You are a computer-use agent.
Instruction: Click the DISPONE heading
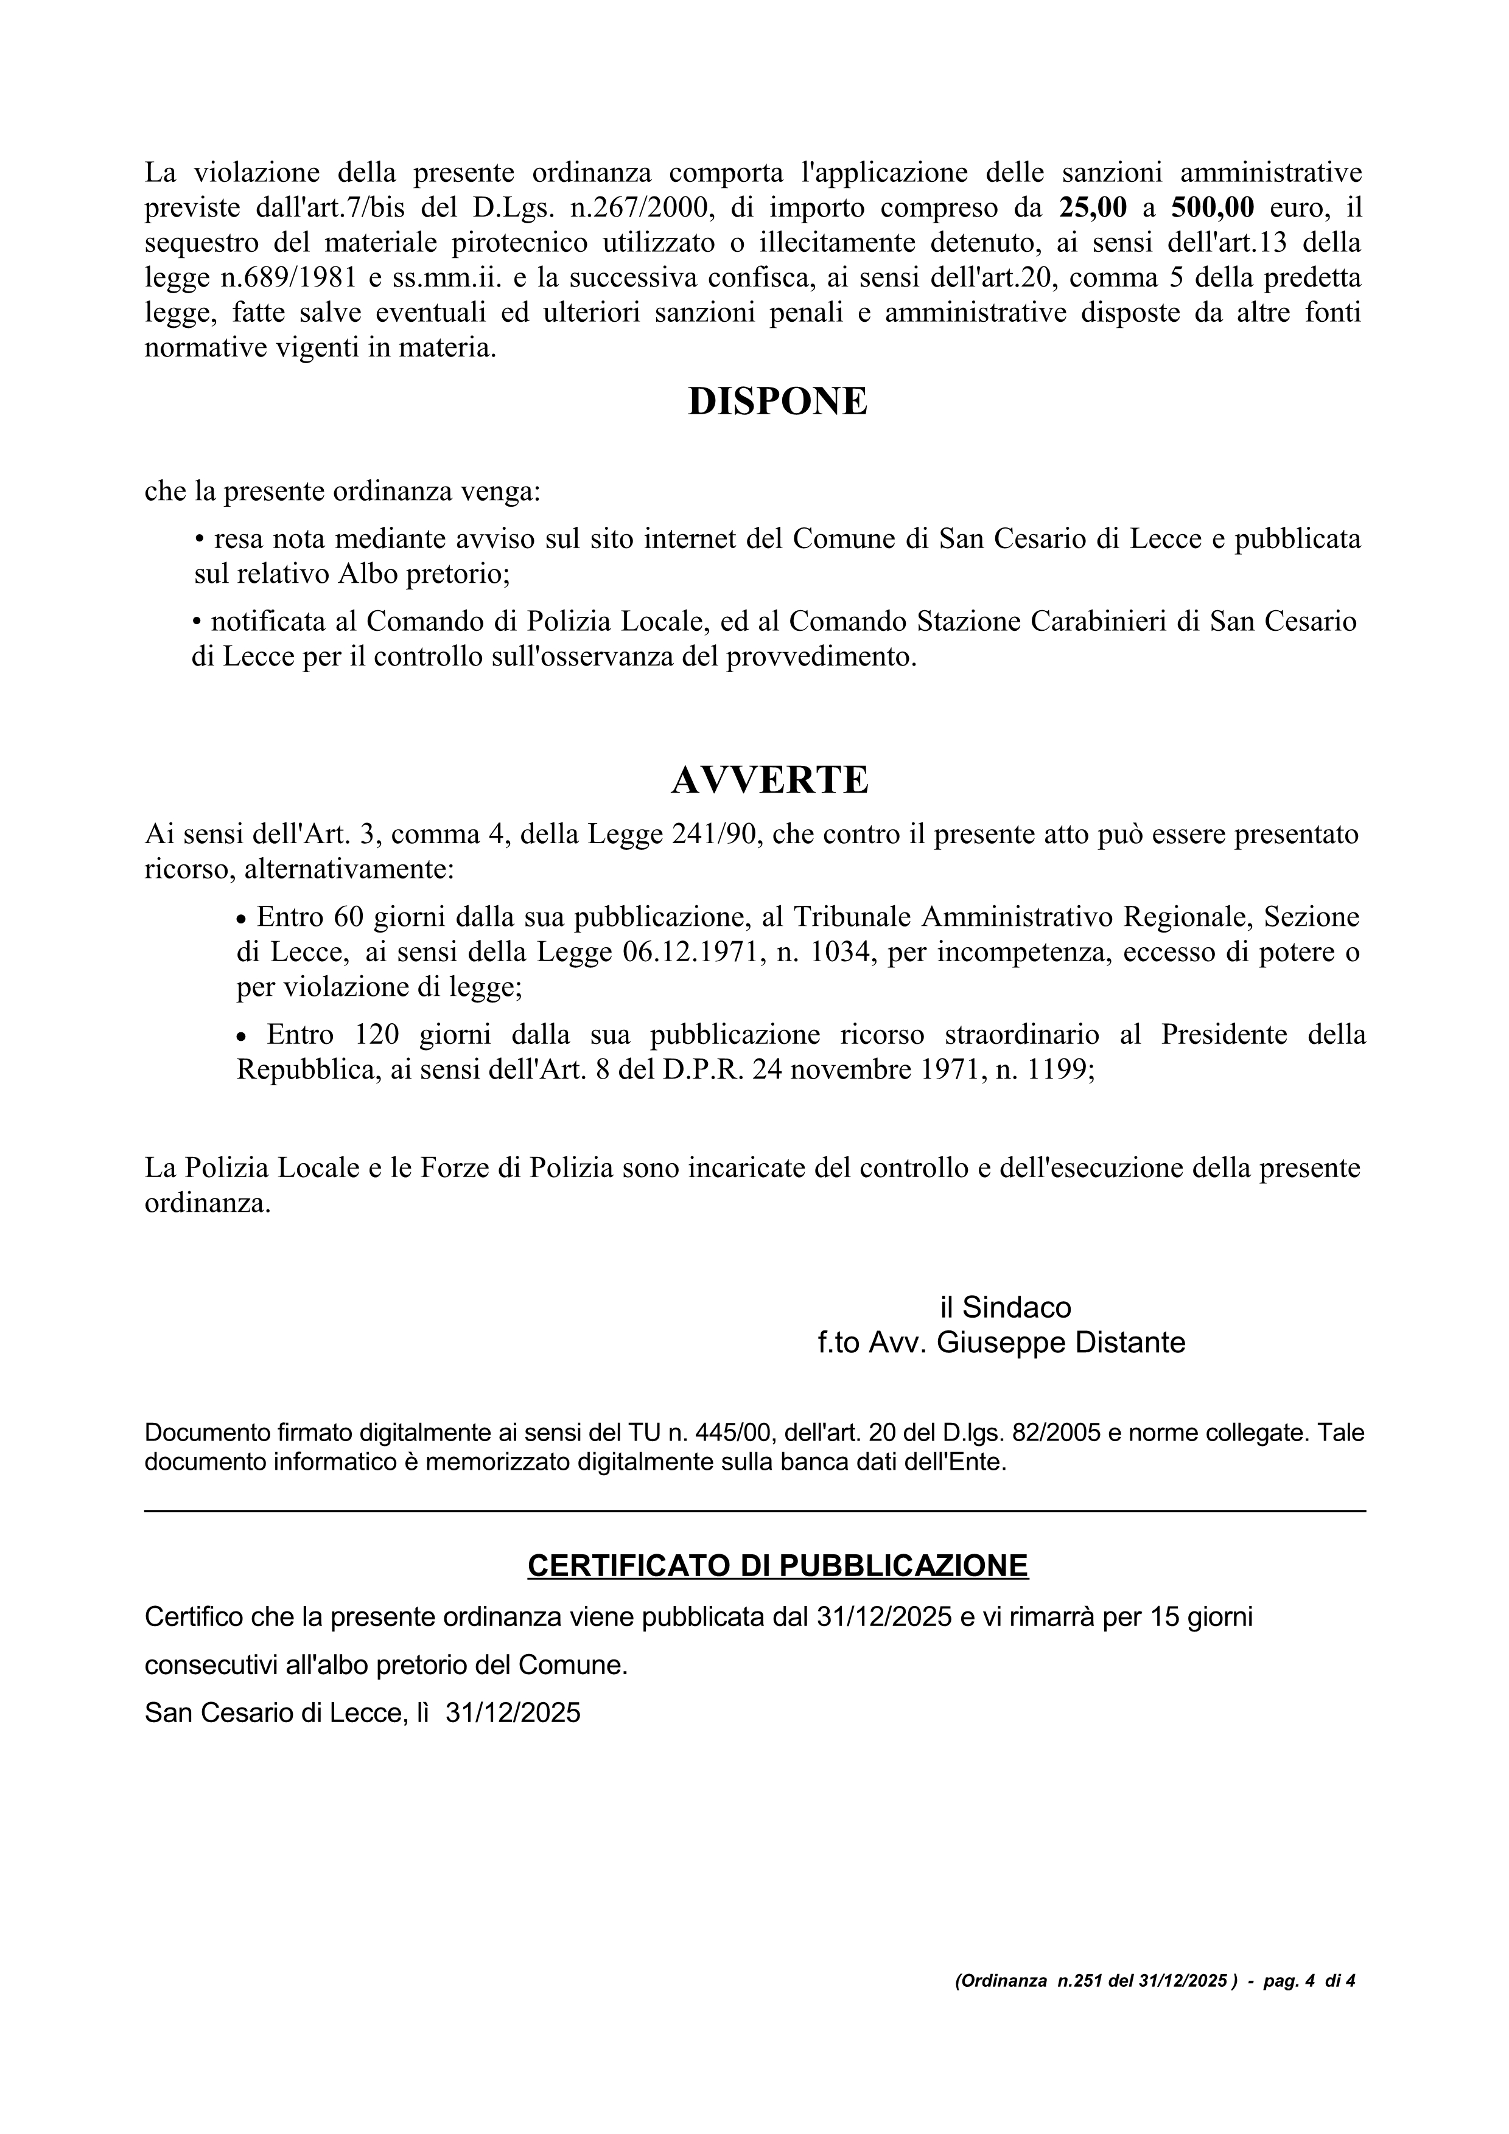(777, 401)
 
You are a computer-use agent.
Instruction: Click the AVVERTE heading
(770, 780)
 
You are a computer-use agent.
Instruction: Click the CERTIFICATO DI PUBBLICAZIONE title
(777, 1565)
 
